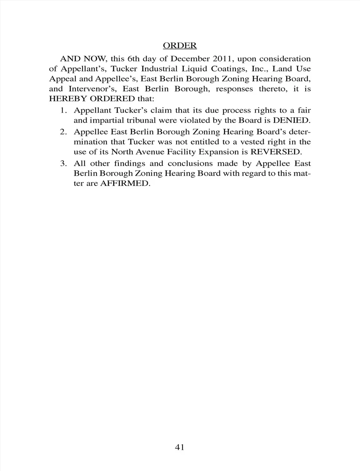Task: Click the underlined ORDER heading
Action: tap(180, 45)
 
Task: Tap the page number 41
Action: tap(180, 447)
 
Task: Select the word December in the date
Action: tap(190, 59)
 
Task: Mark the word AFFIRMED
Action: tap(125, 184)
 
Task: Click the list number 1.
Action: tap(64, 111)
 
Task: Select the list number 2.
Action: tap(64, 132)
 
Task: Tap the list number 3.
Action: tap(64, 163)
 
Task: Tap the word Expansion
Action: tap(223, 152)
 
